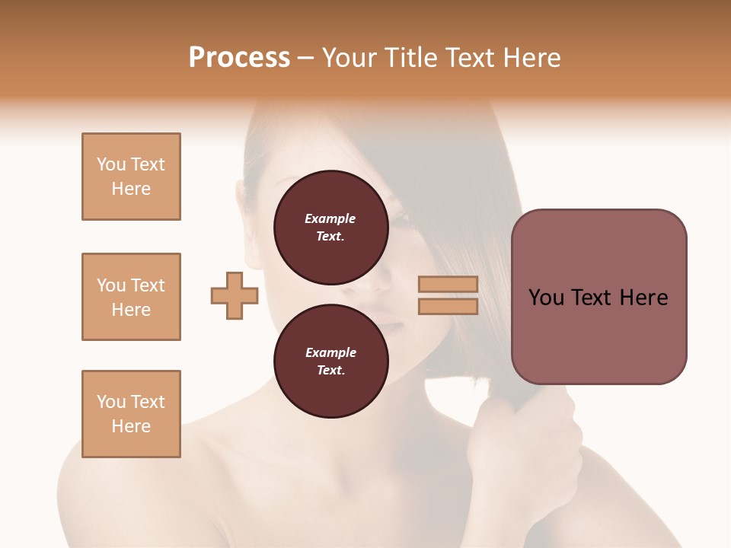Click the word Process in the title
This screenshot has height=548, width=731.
239,58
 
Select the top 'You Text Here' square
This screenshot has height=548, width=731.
131,177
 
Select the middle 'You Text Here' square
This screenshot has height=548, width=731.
131,297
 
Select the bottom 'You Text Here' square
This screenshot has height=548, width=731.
131,414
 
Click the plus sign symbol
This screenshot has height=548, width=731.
235,295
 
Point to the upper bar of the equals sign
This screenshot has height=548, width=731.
448,284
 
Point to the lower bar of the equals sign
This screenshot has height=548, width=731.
448,306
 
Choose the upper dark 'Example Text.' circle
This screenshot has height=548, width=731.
330,228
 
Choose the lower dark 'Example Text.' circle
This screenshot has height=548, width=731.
330,362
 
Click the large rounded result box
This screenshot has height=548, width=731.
599,297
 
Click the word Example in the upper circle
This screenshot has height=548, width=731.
330,218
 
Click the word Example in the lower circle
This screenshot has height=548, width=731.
330,352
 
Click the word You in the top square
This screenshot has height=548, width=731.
111,164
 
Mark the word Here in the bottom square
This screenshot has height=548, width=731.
131,426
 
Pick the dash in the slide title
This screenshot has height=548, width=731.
306,58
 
